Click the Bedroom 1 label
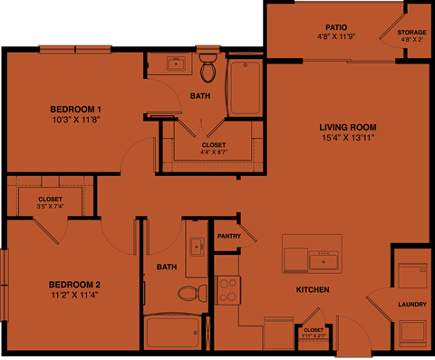[x=74, y=109]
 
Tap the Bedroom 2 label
[x=74, y=285]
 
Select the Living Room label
[x=347, y=127]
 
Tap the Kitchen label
[x=312, y=290]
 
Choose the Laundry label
[x=412, y=304]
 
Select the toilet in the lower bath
[x=189, y=293]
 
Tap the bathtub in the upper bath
[x=244, y=88]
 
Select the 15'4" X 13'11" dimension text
[x=347, y=138]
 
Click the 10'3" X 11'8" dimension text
[x=74, y=120]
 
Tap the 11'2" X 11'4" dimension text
[x=74, y=296]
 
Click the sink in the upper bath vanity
[x=177, y=63]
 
